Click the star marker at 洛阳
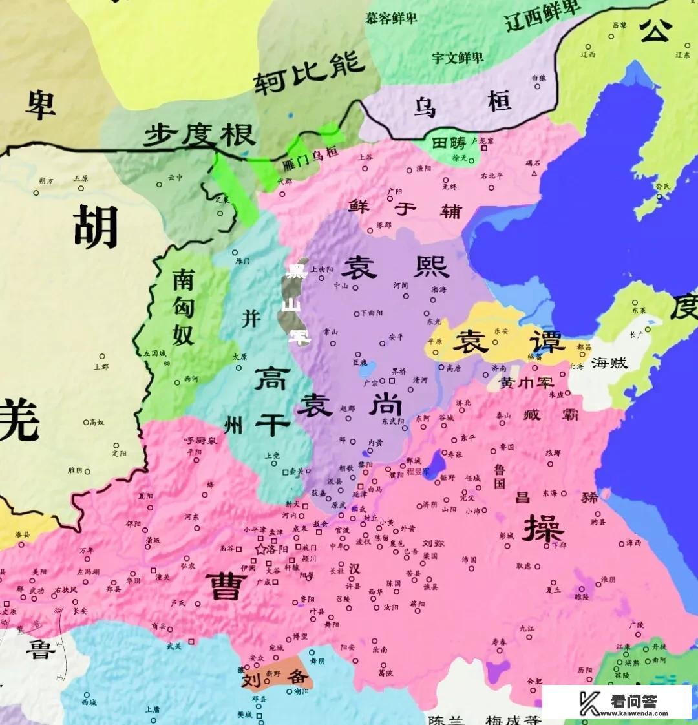[x=261, y=549]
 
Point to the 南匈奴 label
[x=183, y=307]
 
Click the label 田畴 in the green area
[x=449, y=143]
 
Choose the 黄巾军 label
[x=527, y=383]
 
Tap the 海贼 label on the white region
[x=609, y=362]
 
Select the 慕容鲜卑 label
[x=392, y=17]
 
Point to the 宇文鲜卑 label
[x=458, y=57]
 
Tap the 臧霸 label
[x=551, y=415]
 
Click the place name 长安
[x=80, y=610]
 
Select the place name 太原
[x=240, y=357]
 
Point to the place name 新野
[x=273, y=673]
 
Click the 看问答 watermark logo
[x=617, y=701]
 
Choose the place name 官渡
[x=343, y=529]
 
